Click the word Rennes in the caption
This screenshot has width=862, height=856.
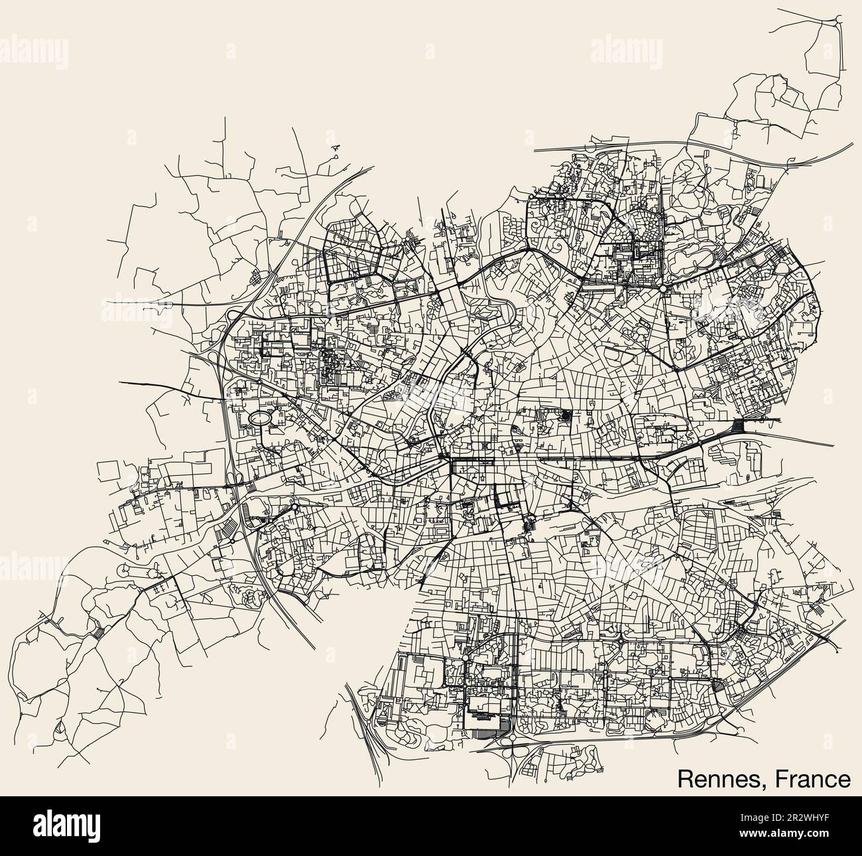point(715,779)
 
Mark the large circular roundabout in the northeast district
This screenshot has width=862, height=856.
point(663,288)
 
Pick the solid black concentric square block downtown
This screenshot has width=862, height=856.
point(566,415)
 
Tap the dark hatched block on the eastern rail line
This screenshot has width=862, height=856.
point(743,426)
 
